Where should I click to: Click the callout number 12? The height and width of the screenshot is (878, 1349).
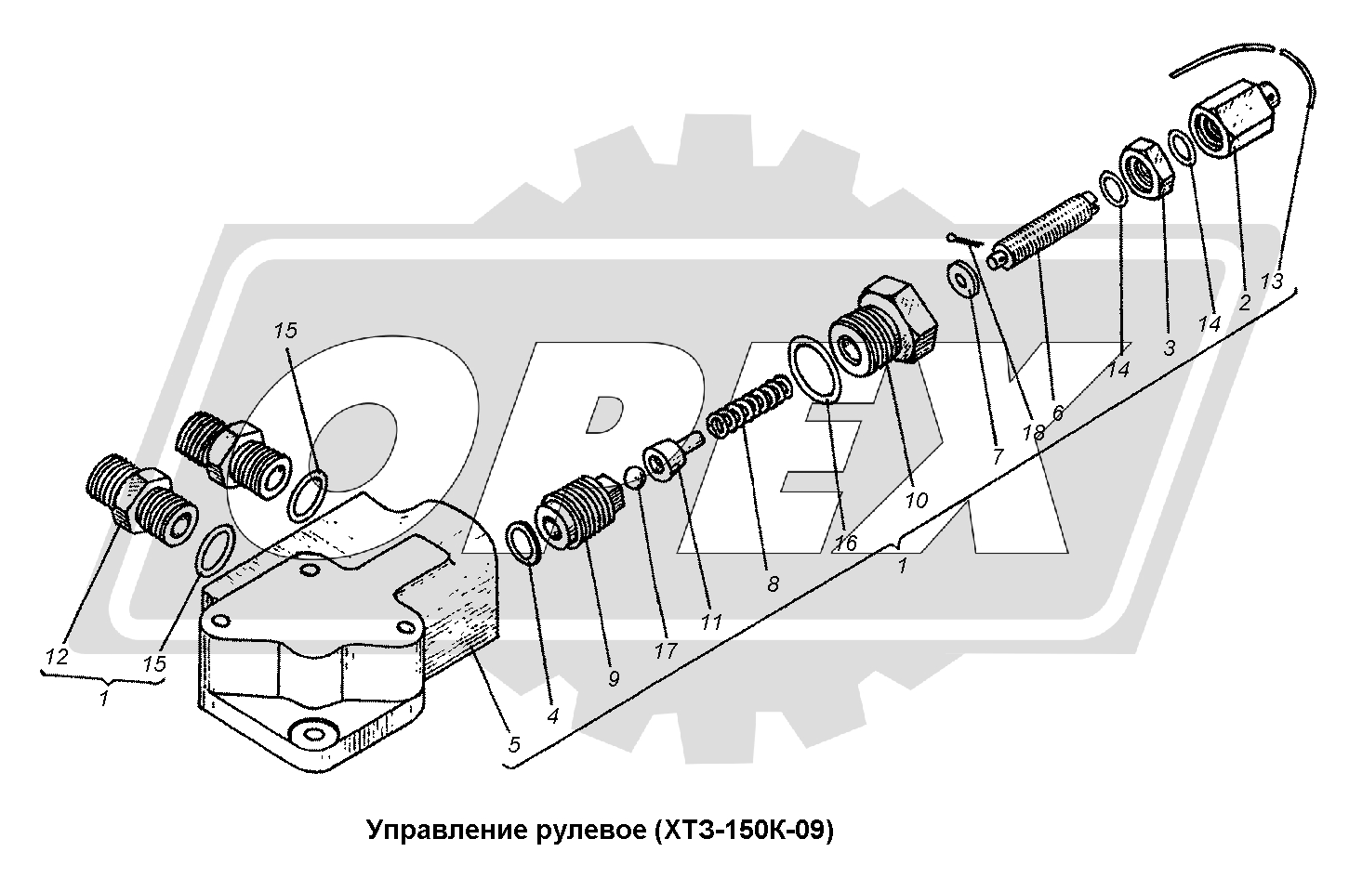(x=57, y=657)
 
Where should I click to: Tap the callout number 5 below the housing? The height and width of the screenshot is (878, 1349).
(x=514, y=744)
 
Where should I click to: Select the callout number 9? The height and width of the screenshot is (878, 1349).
(x=613, y=679)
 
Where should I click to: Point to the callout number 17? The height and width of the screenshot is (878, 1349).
(x=666, y=650)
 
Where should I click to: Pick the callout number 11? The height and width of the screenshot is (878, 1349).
(x=711, y=622)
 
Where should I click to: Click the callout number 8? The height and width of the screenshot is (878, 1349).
(x=774, y=583)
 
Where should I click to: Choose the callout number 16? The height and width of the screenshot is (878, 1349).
(x=845, y=544)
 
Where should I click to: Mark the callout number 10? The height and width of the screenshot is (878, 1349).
(x=917, y=500)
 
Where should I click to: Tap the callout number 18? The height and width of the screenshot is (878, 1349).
(x=1034, y=431)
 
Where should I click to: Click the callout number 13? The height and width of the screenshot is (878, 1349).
(x=1273, y=281)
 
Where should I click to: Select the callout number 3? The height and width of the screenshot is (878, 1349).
(x=1170, y=347)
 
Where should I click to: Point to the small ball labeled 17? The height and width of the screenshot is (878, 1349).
(x=633, y=477)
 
